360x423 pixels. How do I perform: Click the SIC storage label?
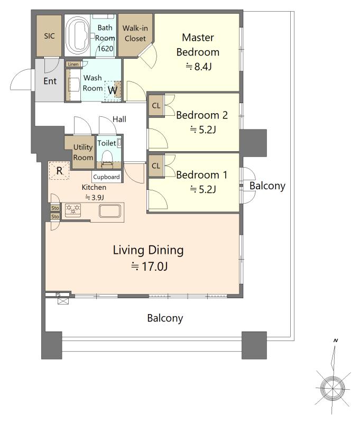point(49,36)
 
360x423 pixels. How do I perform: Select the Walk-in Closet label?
point(135,33)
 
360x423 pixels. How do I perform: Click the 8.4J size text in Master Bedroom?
point(198,67)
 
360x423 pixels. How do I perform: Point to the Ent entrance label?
point(50,81)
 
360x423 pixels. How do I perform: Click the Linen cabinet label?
point(73,64)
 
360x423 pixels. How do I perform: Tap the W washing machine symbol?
point(113,90)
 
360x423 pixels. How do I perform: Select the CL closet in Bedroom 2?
point(156,105)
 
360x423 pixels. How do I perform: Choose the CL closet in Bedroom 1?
point(156,165)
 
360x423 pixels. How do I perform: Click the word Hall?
point(119,119)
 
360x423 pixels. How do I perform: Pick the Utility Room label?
point(83,152)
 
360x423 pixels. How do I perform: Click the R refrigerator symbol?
point(59,170)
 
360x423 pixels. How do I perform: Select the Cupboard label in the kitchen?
point(106,177)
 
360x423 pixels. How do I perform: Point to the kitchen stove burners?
point(73,209)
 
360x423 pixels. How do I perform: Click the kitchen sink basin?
point(110,211)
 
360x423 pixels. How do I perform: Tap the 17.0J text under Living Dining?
point(150,266)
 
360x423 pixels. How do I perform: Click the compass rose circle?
point(333,389)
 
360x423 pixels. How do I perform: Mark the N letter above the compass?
point(336,341)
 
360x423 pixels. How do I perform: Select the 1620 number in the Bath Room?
point(105,49)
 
